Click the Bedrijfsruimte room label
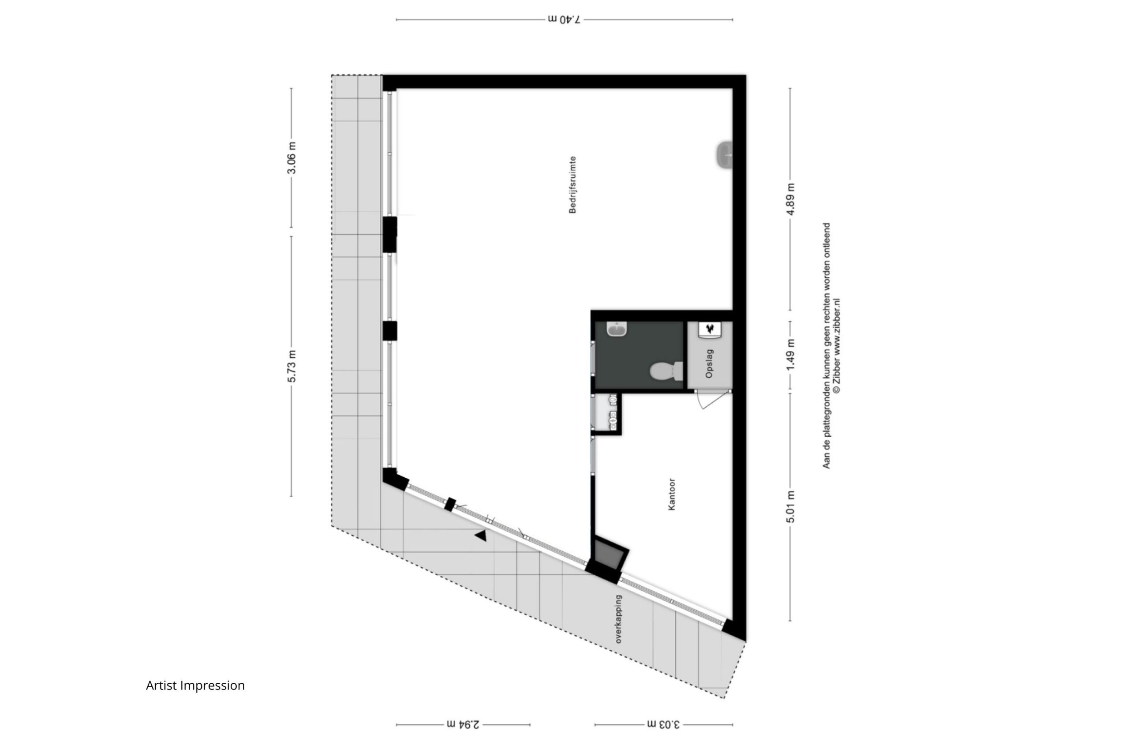572,184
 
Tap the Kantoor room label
672,494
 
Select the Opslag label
709,363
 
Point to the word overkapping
618,619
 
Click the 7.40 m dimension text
564,20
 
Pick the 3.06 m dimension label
292,158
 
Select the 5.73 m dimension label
292,367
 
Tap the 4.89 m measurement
791,199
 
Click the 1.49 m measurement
791,355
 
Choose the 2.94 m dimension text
463,724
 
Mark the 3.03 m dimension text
663,724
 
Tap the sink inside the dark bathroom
617,330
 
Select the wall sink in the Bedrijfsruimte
725,155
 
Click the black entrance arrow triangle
481,536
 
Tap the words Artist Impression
195,686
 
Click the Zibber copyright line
836,346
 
